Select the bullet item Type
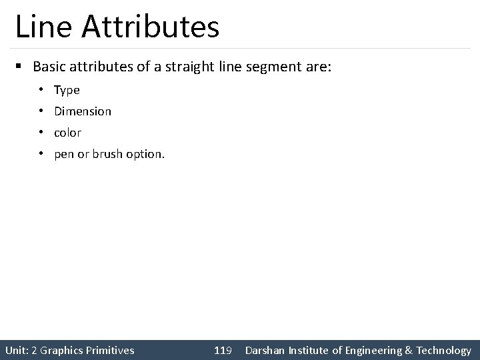[67, 90]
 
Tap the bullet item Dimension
[83, 111]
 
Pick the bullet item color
[67, 133]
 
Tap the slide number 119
[223, 350]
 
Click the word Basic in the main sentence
[47, 67]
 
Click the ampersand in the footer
[408, 350]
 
